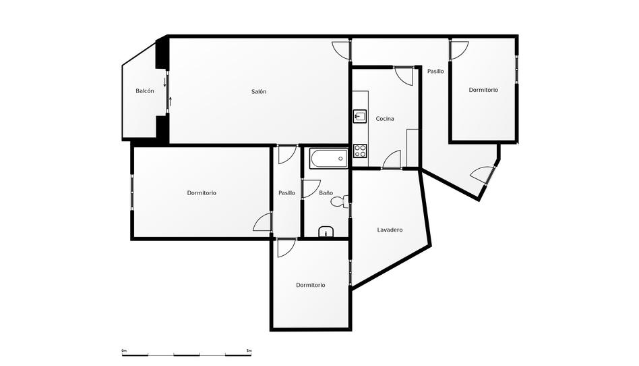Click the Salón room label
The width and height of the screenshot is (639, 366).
pyautogui.click(x=259, y=92)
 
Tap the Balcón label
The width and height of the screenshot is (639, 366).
pyautogui.click(x=145, y=91)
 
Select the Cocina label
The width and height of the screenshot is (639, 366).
pyautogui.click(x=385, y=119)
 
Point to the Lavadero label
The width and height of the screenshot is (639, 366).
pyautogui.click(x=390, y=230)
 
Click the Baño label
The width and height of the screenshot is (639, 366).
pyautogui.click(x=326, y=193)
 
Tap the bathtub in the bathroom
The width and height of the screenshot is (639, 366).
pyautogui.click(x=328, y=159)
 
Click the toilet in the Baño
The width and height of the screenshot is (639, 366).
pyautogui.click(x=344, y=201)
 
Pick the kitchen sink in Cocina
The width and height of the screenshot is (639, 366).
pyautogui.click(x=359, y=117)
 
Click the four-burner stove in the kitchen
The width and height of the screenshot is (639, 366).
pyautogui.click(x=360, y=151)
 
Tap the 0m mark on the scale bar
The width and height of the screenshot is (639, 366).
pyautogui.click(x=124, y=351)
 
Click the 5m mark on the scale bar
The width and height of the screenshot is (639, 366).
pyautogui.click(x=249, y=351)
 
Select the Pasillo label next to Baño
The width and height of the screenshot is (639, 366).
pyautogui.click(x=286, y=193)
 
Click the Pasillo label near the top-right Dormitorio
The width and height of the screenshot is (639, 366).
pyautogui.click(x=435, y=71)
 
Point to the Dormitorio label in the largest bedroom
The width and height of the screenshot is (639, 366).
pyautogui.click(x=202, y=193)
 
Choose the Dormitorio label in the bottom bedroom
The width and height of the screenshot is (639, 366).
pyautogui.click(x=311, y=285)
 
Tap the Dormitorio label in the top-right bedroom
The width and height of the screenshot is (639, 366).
pyautogui.click(x=483, y=90)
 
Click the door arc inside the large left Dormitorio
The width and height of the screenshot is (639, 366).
pyautogui.click(x=262, y=222)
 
